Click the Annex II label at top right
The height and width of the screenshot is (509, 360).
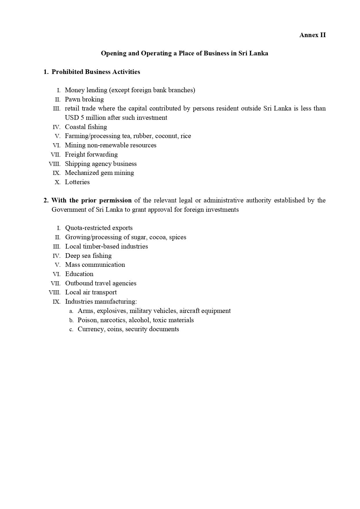tap(312, 35)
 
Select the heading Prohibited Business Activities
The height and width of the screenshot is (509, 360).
tap(96, 72)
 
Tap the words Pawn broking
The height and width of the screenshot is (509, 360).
tap(84, 99)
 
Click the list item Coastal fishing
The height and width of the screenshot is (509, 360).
tap(86, 127)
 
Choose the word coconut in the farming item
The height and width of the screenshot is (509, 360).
tap(166, 136)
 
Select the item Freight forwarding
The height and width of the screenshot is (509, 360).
tap(91, 155)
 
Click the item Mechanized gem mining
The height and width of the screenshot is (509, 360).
tap(99, 173)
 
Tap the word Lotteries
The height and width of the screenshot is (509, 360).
tap(77, 182)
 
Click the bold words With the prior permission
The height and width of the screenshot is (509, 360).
tap(91, 200)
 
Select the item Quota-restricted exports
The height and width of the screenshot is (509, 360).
tap(99, 228)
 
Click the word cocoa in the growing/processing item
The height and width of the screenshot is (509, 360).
tap(157, 237)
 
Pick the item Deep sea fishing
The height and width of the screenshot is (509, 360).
tap(88, 256)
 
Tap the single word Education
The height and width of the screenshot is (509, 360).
tap(79, 274)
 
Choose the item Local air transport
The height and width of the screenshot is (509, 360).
tap(91, 292)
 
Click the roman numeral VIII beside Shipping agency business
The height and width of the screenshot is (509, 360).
tap(55, 164)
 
